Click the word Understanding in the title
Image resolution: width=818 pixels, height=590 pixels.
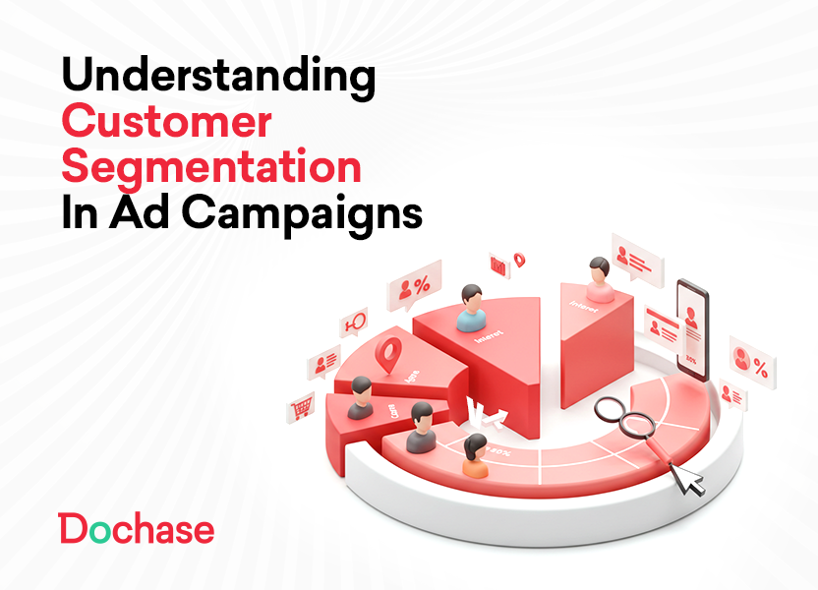217,76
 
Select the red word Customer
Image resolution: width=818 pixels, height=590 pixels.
166,123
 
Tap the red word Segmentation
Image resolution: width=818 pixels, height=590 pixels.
210,167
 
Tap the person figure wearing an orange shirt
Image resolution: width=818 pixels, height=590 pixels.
476,457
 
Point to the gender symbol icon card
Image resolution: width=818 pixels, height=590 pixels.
353,323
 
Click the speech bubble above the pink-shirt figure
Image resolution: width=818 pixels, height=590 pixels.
635,257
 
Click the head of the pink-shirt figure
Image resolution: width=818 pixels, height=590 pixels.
599,267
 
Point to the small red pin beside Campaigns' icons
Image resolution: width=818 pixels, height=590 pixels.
519,260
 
